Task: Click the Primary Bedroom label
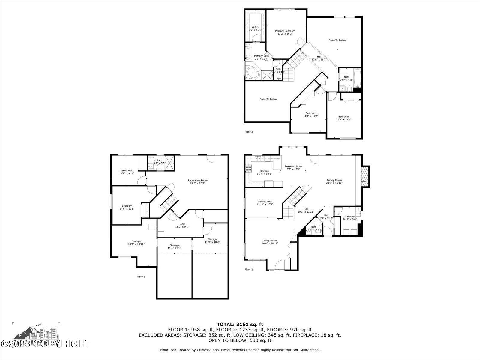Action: [285, 31]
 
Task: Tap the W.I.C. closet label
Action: [255, 27]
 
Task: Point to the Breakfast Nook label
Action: [293, 166]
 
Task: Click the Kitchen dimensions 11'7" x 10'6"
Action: [264, 174]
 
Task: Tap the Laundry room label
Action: [350, 216]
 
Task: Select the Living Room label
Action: [270, 241]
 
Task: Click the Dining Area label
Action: [265, 202]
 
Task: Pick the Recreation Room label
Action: [198, 180]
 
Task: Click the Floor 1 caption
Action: [141, 277]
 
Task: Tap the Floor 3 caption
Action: [249, 132]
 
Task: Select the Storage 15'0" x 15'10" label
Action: [136, 241]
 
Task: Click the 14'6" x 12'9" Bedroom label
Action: [127, 206]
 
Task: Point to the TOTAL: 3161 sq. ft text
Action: [240, 324]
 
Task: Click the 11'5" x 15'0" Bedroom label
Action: [343, 117]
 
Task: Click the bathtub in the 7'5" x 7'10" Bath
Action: [358, 75]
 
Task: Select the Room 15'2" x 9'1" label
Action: [182, 224]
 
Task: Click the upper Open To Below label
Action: [337, 40]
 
